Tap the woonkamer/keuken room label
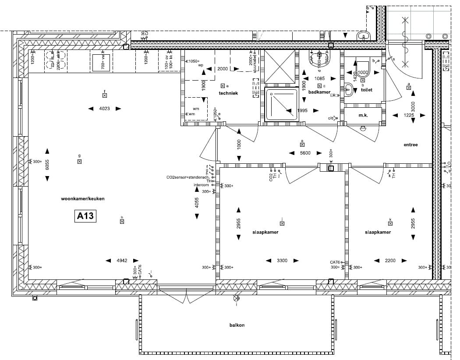tap(83, 199)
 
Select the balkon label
tap(237, 325)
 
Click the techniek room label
tap(228, 93)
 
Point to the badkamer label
tap(319, 92)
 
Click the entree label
tap(410, 145)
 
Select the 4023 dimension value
tap(104, 109)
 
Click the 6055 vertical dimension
tap(47, 164)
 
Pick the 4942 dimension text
tap(122, 261)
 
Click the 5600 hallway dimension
tap(305, 153)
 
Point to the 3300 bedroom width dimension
tap(282, 261)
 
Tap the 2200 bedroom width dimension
tap(390, 261)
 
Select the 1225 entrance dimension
tap(408, 115)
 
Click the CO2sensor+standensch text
tap(187, 177)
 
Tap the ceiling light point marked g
tap(79, 161)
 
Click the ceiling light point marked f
tap(105, 95)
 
